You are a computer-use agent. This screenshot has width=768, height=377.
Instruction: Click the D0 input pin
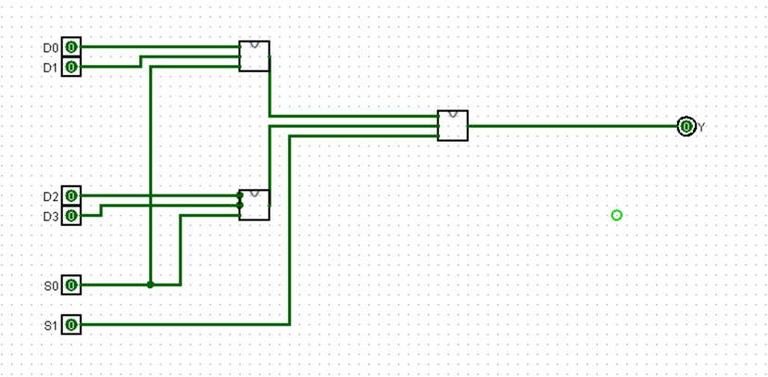pyautogui.click(x=71, y=47)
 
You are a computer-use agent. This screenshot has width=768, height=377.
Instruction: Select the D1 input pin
pyautogui.click(x=71, y=68)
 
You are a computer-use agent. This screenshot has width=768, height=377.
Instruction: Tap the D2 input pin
pyautogui.click(x=71, y=196)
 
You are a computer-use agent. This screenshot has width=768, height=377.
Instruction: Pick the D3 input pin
pyautogui.click(x=71, y=216)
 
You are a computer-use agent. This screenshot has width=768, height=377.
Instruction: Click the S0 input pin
pyautogui.click(x=71, y=285)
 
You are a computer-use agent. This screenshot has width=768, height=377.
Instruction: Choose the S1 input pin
pyautogui.click(x=71, y=325)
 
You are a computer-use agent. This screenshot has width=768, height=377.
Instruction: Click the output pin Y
pyautogui.click(x=686, y=126)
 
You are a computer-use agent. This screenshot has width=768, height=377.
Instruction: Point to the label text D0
pyautogui.click(x=50, y=47)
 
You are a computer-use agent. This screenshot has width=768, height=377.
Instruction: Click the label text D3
pyautogui.click(x=50, y=217)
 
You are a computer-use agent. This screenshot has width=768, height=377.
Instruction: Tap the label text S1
pyautogui.click(x=50, y=326)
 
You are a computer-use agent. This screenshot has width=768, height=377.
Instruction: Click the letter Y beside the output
pyautogui.click(x=701, y=127)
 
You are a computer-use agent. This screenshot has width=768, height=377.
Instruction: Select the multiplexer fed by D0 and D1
pyautogui.click(x=255, y=57)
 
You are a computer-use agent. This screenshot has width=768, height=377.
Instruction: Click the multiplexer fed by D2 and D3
pyautogui.click(x=255, y=205)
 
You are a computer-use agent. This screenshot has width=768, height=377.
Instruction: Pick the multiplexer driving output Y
pyautogui.click(x=453, y=125)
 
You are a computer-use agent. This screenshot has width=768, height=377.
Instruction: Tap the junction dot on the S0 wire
pyautogui.click(x=150, y=284)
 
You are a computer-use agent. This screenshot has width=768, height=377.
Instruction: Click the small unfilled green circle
pyautogui.click(x=617, y=215)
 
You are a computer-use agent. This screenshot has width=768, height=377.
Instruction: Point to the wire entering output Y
pyautogui.click(x=574, y=126)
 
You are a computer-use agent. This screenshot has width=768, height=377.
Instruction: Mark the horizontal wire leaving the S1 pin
pyautogui.click(x=185, y=325)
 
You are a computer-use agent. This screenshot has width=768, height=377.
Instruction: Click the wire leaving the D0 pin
pyautogui.click(x=157, y=46)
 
